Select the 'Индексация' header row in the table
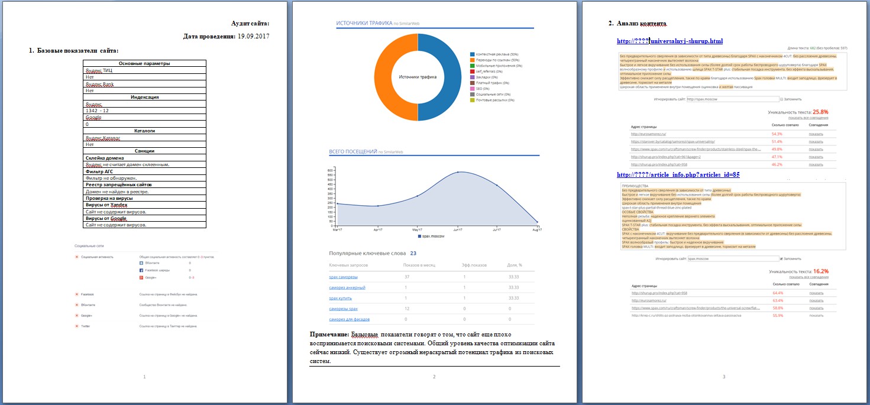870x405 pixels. (144, 97)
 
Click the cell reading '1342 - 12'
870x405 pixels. (97, 111)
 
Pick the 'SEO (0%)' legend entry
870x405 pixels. (483, 88)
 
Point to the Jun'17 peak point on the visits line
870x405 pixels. (457, 172)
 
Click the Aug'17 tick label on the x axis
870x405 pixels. (536, 230)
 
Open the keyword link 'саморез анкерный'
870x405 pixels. (347, 287)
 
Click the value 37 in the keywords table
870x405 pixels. (407, 277)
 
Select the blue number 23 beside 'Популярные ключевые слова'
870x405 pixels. (413, 253)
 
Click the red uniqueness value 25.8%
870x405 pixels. (820, 111)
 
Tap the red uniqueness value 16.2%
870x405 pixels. (820, 271)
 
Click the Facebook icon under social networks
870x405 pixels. (141, 270)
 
